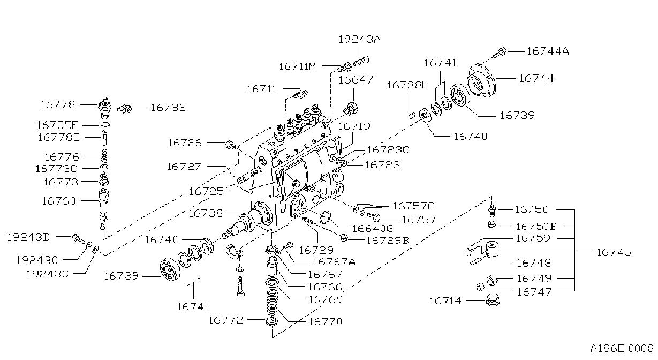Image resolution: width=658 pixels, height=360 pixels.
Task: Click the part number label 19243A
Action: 360,40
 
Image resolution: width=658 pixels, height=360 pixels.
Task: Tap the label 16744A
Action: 548,51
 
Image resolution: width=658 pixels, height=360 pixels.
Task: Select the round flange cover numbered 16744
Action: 481,80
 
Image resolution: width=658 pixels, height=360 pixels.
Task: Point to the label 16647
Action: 356,80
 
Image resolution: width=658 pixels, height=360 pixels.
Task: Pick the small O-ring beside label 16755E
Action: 105,125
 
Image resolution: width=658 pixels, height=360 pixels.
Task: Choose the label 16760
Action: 59,201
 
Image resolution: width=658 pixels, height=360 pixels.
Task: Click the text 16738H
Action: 408,85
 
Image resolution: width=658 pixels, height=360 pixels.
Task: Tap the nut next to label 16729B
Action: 344,237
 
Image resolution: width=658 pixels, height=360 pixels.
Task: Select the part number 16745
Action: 614,252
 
